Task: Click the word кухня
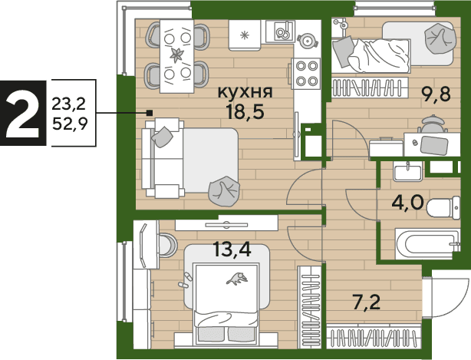(245, 91)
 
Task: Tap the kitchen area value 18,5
(245, 111)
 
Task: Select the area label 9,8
(436, 94)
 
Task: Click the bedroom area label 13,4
(232, 249)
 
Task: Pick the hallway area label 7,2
(367, 302)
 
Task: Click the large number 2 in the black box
(23, 114)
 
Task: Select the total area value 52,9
(70, 124)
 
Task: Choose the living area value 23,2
(69, 104)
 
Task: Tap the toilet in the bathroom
(443, 207)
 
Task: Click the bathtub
(427, 244)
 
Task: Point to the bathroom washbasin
(407, 172)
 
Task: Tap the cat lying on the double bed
(237, 279)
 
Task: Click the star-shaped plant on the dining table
(176, 55)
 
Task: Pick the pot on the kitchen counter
(308, 40)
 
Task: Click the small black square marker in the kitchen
(150, 113)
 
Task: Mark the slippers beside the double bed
(184, 280)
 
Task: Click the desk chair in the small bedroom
(432, 124)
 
